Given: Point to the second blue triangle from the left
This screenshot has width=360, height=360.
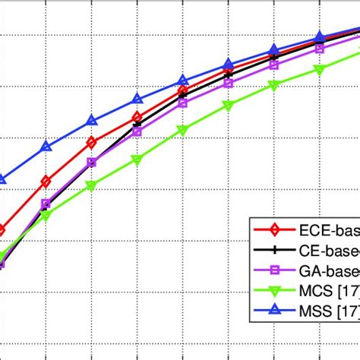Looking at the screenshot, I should tap(46, 147).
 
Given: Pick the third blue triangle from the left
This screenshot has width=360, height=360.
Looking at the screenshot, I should tap(92, 120).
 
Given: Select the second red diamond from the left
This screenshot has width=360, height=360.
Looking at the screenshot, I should tap(46, 182).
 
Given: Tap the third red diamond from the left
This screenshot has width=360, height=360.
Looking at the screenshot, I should tap(92, 142).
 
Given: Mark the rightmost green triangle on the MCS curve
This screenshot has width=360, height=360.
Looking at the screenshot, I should tap(320, 70).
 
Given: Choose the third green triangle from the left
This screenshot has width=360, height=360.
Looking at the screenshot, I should tap(92, 185).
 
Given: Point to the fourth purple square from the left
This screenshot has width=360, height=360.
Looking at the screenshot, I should tap(137, 131).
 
